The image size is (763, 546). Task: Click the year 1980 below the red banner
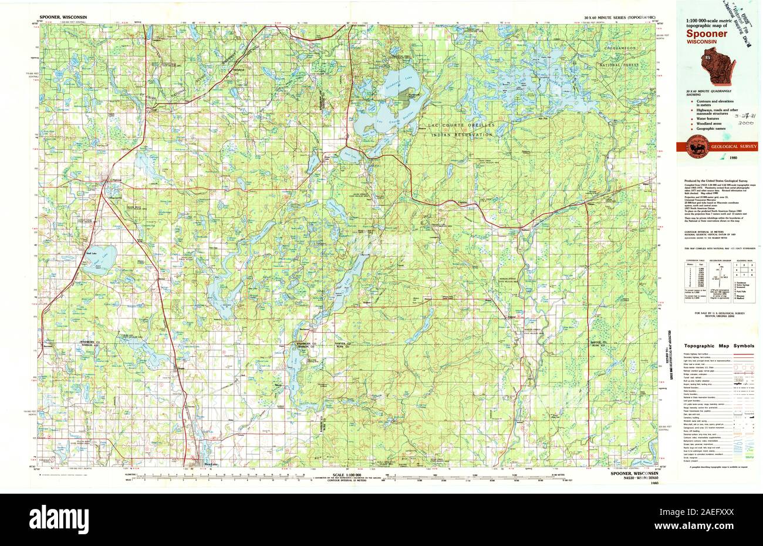point(734,158)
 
